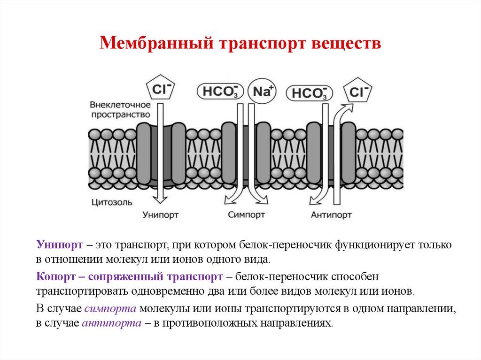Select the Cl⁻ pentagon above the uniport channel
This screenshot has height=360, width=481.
point(160,89)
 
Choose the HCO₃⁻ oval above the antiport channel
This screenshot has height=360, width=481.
point(309,93)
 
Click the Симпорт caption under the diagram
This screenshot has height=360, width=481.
point(247,214)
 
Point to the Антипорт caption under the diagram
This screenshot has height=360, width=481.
point(331,214)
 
